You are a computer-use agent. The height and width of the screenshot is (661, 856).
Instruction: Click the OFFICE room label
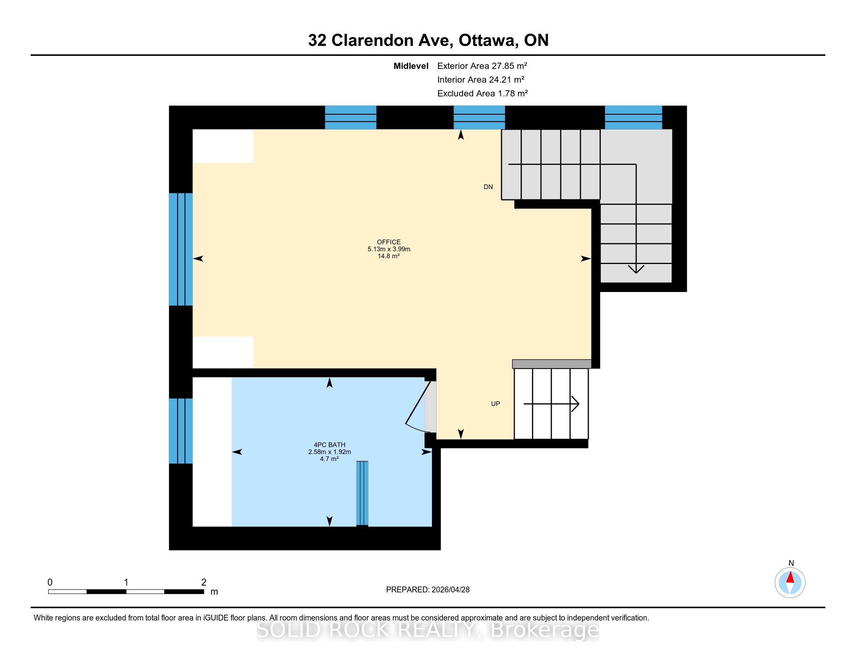[389, 242]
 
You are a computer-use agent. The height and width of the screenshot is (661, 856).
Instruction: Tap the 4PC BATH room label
[330, 445]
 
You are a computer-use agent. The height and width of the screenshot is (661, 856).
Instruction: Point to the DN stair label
[488, 187]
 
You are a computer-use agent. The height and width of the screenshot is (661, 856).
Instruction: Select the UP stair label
[495, 404]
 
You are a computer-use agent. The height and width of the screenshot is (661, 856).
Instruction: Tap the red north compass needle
[790, 577]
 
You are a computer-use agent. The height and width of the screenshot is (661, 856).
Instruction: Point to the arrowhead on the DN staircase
[636, 269]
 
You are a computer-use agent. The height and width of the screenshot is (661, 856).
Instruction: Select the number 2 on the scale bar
[204, 582]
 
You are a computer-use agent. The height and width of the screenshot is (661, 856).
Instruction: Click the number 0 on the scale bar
[50, 582]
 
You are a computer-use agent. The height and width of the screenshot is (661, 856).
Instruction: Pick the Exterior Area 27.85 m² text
[482, 66]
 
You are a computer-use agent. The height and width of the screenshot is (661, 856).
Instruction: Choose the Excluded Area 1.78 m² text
[482, 93]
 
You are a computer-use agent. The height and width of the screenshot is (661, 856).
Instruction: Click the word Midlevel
[411, 66]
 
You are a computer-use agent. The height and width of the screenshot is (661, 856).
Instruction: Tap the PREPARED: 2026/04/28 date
[428, 589]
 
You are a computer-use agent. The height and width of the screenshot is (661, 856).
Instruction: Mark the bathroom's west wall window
[181, 431]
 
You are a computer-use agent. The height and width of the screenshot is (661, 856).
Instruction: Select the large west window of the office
[181, 249]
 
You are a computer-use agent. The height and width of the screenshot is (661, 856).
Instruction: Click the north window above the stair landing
[633, 117]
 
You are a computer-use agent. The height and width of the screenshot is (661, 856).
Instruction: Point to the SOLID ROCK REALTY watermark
[428, 630]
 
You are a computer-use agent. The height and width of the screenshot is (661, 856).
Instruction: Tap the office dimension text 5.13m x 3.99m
[389, 249]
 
